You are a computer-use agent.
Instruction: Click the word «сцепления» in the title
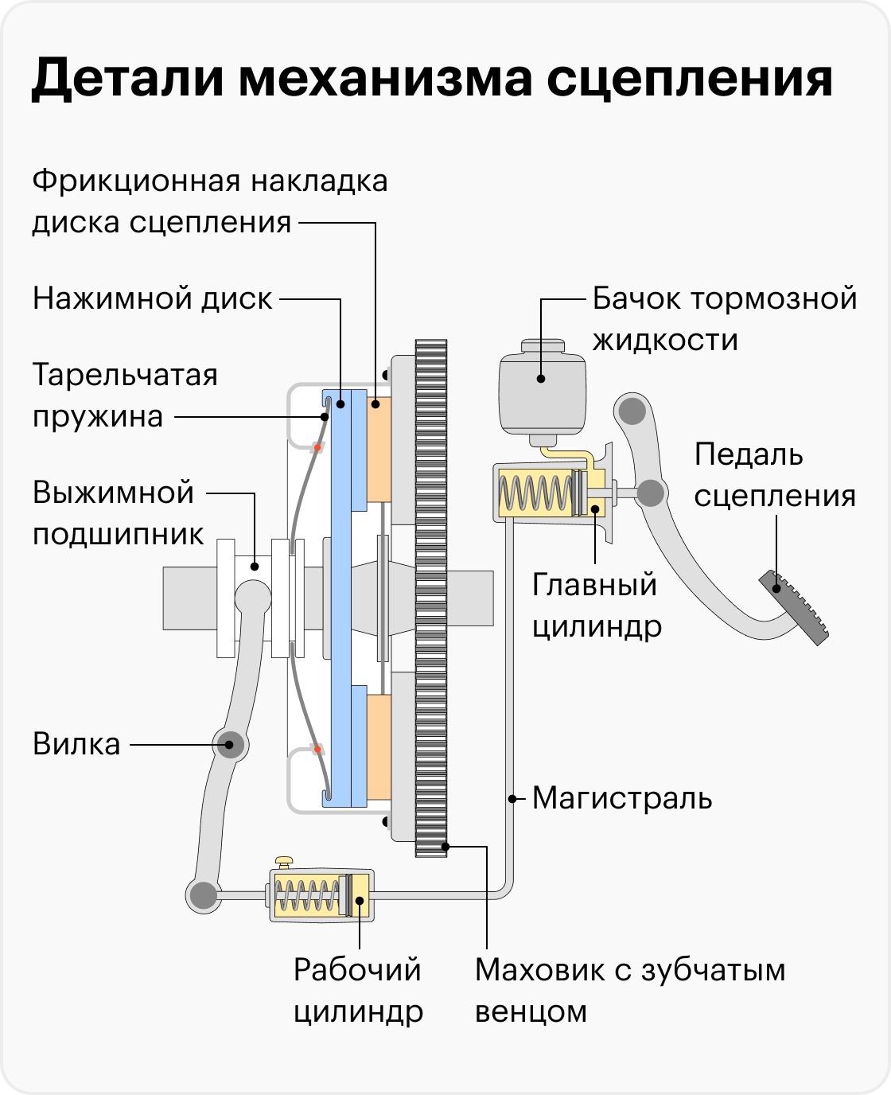pos(689,80)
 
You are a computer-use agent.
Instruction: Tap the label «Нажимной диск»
pos(152,298)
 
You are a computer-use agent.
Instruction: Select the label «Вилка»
pos(76,744)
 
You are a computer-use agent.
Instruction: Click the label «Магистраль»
pos(622,797)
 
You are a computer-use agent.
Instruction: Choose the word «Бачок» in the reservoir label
pos(636,299)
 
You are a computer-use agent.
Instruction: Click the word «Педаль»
pos(737,454)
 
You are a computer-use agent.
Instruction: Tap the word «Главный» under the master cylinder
pos(594,585)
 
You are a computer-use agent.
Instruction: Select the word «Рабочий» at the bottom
pos(357,970)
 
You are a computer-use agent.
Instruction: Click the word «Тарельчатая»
pos(125,375)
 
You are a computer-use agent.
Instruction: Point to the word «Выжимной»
pos(114,493)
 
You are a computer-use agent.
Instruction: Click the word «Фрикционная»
pos(134,181)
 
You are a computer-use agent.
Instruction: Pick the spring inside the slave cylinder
pos(306,896)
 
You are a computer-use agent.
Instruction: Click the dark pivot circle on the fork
pos(229,744)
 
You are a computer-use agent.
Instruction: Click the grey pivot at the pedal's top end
pos(632,411)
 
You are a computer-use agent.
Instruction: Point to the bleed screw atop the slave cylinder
pos(284,862)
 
